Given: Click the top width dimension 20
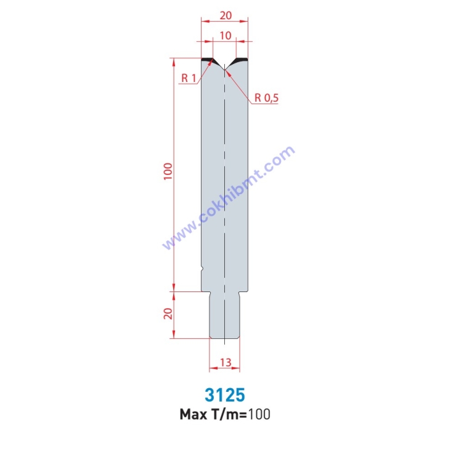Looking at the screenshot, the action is [226, 15].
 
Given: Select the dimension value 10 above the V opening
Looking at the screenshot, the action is [226, 36].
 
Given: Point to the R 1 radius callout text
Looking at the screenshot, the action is [189, 78].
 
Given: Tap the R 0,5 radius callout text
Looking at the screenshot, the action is [266, 98].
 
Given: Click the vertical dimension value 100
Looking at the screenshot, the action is [168, 171].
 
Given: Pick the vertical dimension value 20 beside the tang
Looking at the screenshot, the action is [168, 314].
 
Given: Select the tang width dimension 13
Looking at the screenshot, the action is [226, 362].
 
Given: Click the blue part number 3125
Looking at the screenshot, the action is [225, 394].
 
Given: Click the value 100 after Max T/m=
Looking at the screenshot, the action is [259, 414].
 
